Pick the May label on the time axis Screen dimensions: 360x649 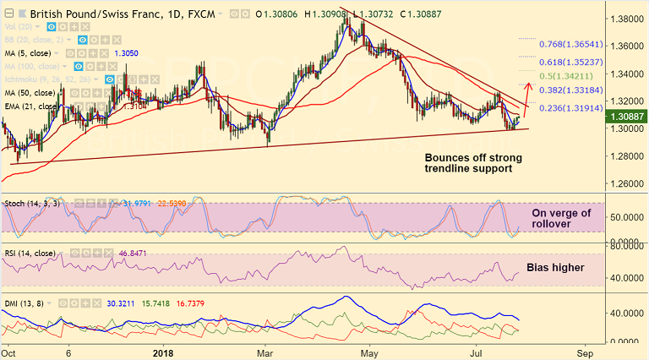[367, 350]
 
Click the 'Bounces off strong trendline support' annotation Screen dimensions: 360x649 [472, 164]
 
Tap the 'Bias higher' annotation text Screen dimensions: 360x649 [555, 268]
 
